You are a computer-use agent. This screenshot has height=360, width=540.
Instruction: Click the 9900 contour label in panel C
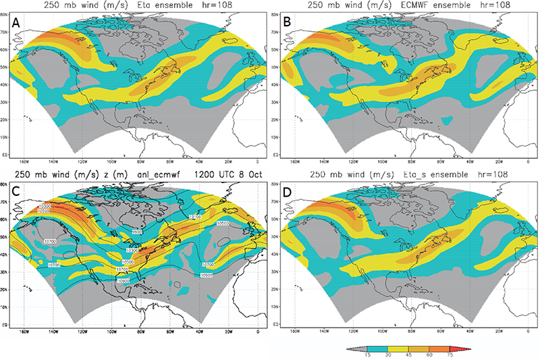138,232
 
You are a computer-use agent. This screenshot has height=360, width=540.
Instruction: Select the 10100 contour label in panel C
196,217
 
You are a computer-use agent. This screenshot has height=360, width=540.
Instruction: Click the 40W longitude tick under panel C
200,332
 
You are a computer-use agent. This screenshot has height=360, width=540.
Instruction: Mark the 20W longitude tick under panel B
499,162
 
